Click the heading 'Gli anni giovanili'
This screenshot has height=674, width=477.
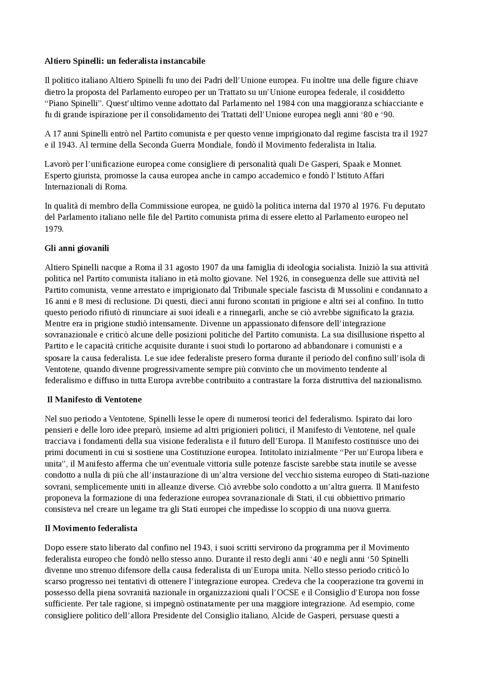[x=77, y=248]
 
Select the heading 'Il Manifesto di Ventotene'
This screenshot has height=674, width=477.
[x=94, y=400]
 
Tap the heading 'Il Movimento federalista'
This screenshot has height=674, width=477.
[x=91, y=528]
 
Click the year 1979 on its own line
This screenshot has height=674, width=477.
[x=54, y=229]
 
